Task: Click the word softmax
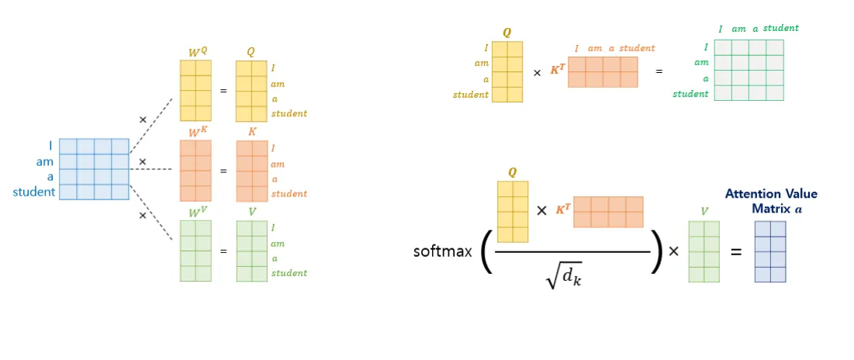click(443, 251)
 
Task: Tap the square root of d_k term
click(563, 275)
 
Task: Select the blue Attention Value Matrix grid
click(770, 251)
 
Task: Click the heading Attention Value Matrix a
click(771, 201)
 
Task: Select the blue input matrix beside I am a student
click(94, 169)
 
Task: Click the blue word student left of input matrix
click(34, 192)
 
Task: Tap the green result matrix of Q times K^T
click(749, 71)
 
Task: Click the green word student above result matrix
click(780, 29)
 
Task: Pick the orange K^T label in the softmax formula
click(563, 210)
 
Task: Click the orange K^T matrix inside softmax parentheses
click(608, 212)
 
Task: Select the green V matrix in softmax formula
click(704, 251)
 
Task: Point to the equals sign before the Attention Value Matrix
click(735, 251)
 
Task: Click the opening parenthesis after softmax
click(486, 252)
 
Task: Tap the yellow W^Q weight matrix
click(196, 90)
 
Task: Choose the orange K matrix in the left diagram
click(252, 171)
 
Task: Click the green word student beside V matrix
click(289, 273)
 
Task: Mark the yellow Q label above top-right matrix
click(507, 33)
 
